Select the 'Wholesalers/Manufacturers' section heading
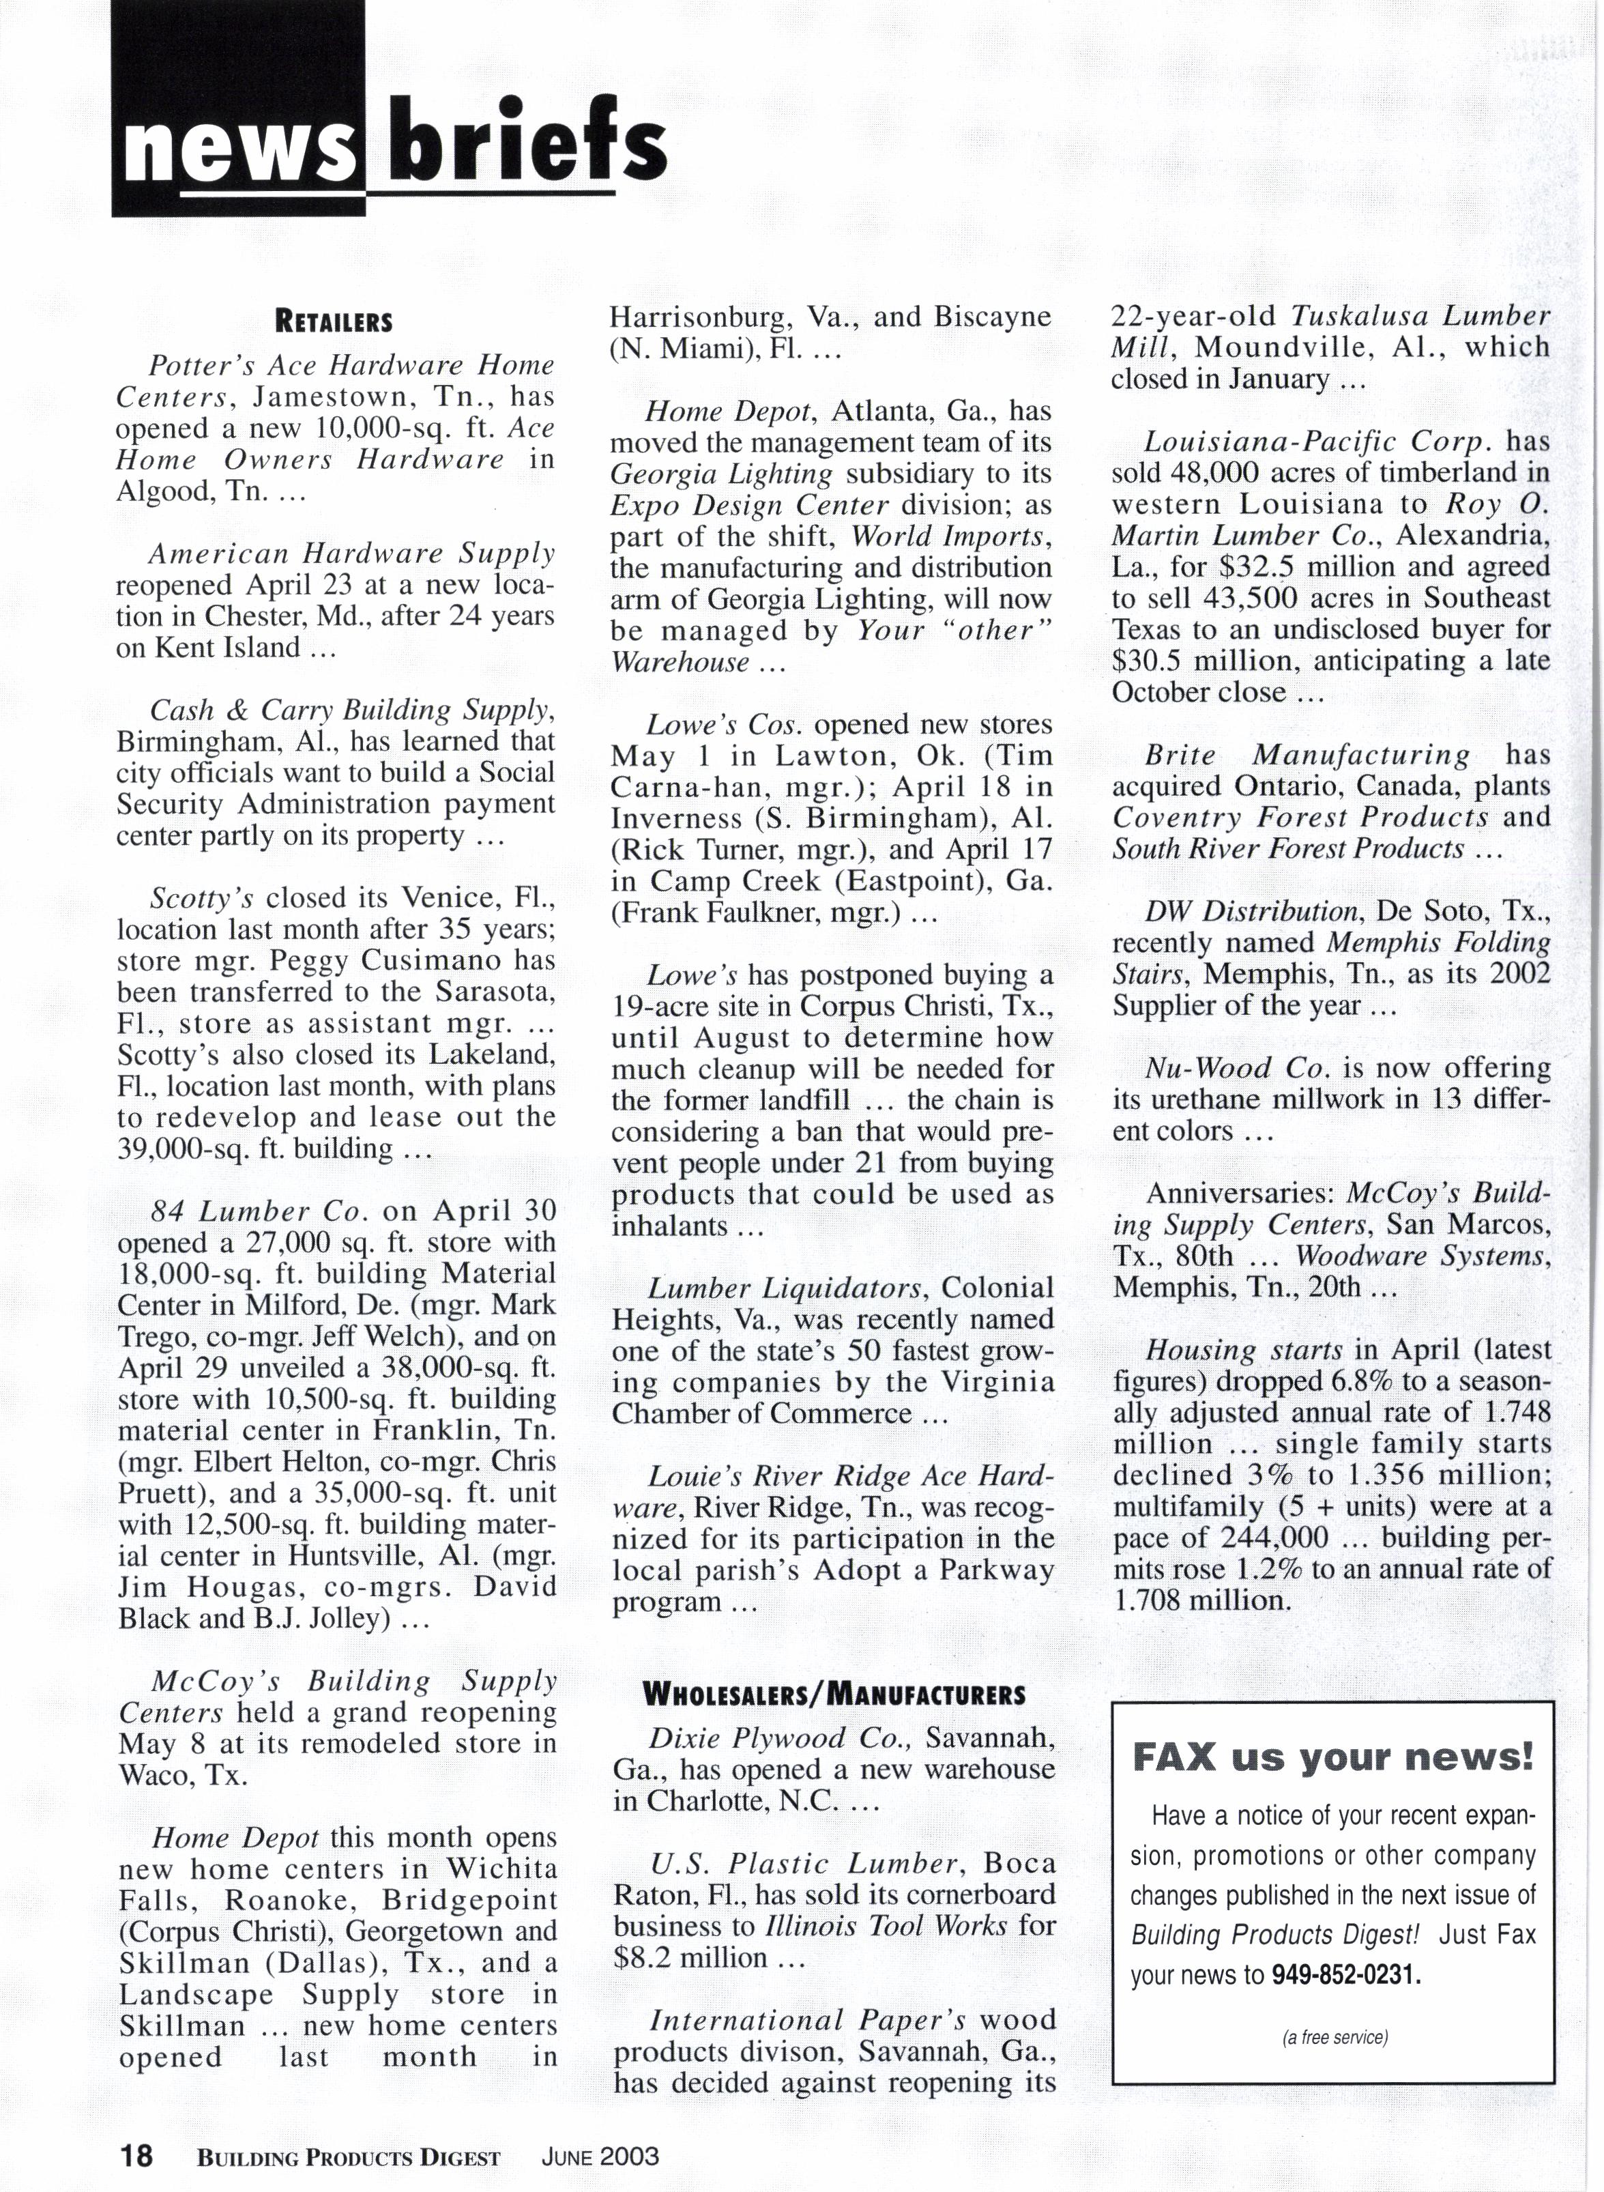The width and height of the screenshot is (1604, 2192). click(x=834, y=1695)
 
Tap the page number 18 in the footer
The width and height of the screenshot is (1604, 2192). click(x=136, y=2156)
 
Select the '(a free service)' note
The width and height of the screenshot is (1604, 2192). click(x=1334, y=2036)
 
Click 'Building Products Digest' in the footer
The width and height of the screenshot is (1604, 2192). click(x=349, y=2157)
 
